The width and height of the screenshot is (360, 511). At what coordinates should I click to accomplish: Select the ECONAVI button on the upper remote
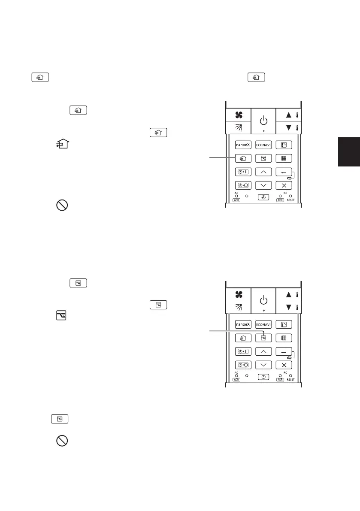263,145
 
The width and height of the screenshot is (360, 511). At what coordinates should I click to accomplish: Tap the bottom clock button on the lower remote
263,377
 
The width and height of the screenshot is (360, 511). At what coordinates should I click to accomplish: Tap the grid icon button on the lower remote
284,338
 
